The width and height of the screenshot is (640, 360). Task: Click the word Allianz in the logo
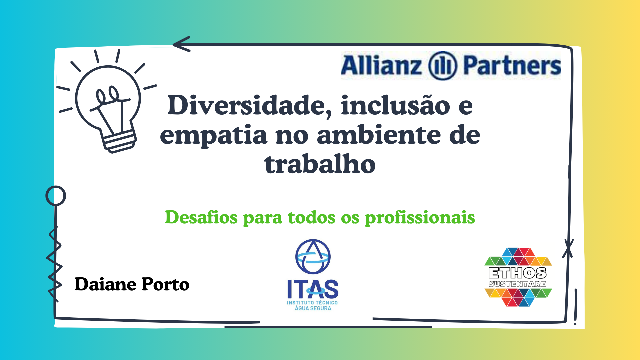[381, 65]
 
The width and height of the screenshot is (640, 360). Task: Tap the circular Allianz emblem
[442, 66]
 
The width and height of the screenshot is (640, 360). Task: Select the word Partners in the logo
[512, 65]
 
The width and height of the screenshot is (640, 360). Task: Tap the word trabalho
[320, 164]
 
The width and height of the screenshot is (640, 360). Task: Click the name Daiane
[105, 284]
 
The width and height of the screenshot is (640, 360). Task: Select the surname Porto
[165, 284]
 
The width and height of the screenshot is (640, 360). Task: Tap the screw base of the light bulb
[119, 141]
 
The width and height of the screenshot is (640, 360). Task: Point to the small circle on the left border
[56, 196]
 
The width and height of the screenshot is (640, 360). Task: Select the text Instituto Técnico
[312, 303]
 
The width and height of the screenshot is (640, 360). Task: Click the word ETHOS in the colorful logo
[518, 273]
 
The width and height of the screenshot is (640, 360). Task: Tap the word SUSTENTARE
[517, 284]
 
